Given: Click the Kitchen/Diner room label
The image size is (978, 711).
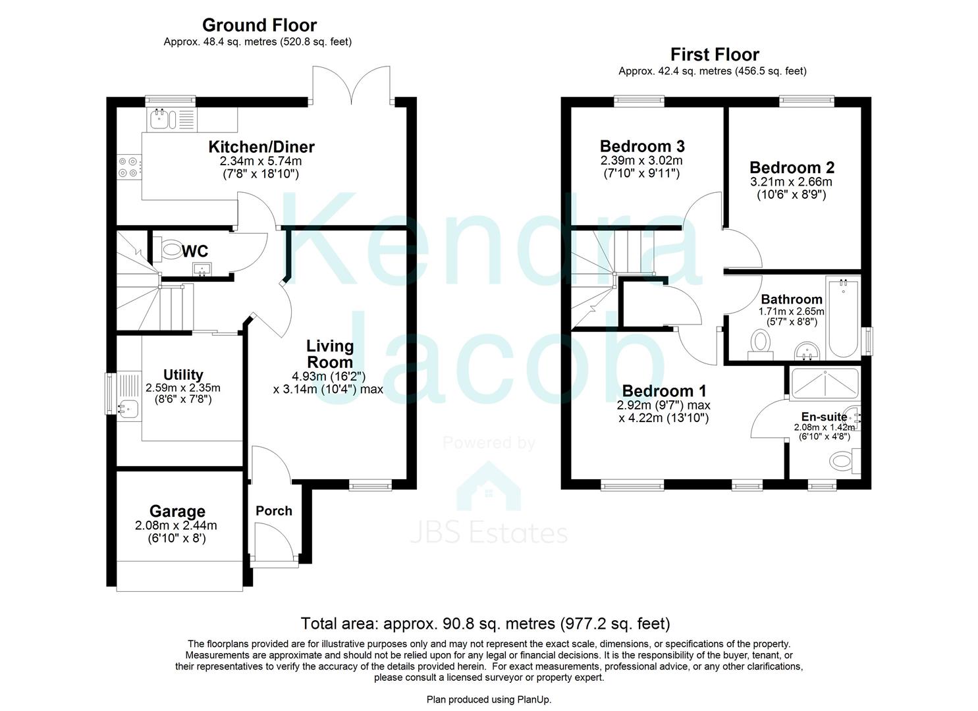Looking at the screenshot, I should [261, 147].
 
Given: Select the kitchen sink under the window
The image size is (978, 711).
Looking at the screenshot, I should [159, 119].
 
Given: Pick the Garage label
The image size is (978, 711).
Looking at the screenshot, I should [177, 511].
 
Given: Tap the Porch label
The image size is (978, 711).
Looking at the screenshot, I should [273, 511].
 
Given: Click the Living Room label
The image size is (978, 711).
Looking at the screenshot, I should [330, 354].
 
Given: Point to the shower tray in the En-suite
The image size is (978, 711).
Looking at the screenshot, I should [825, 383].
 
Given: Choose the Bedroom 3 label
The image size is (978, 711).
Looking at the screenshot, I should [642, 145].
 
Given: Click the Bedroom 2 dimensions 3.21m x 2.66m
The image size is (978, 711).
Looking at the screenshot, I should [791, 182].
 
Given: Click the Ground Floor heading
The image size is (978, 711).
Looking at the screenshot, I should [259, 25].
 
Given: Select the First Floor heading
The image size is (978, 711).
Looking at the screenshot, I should [715, 54].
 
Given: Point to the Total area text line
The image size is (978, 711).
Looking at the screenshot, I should [485, 623].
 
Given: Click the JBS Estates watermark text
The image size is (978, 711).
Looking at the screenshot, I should [488, 533].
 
